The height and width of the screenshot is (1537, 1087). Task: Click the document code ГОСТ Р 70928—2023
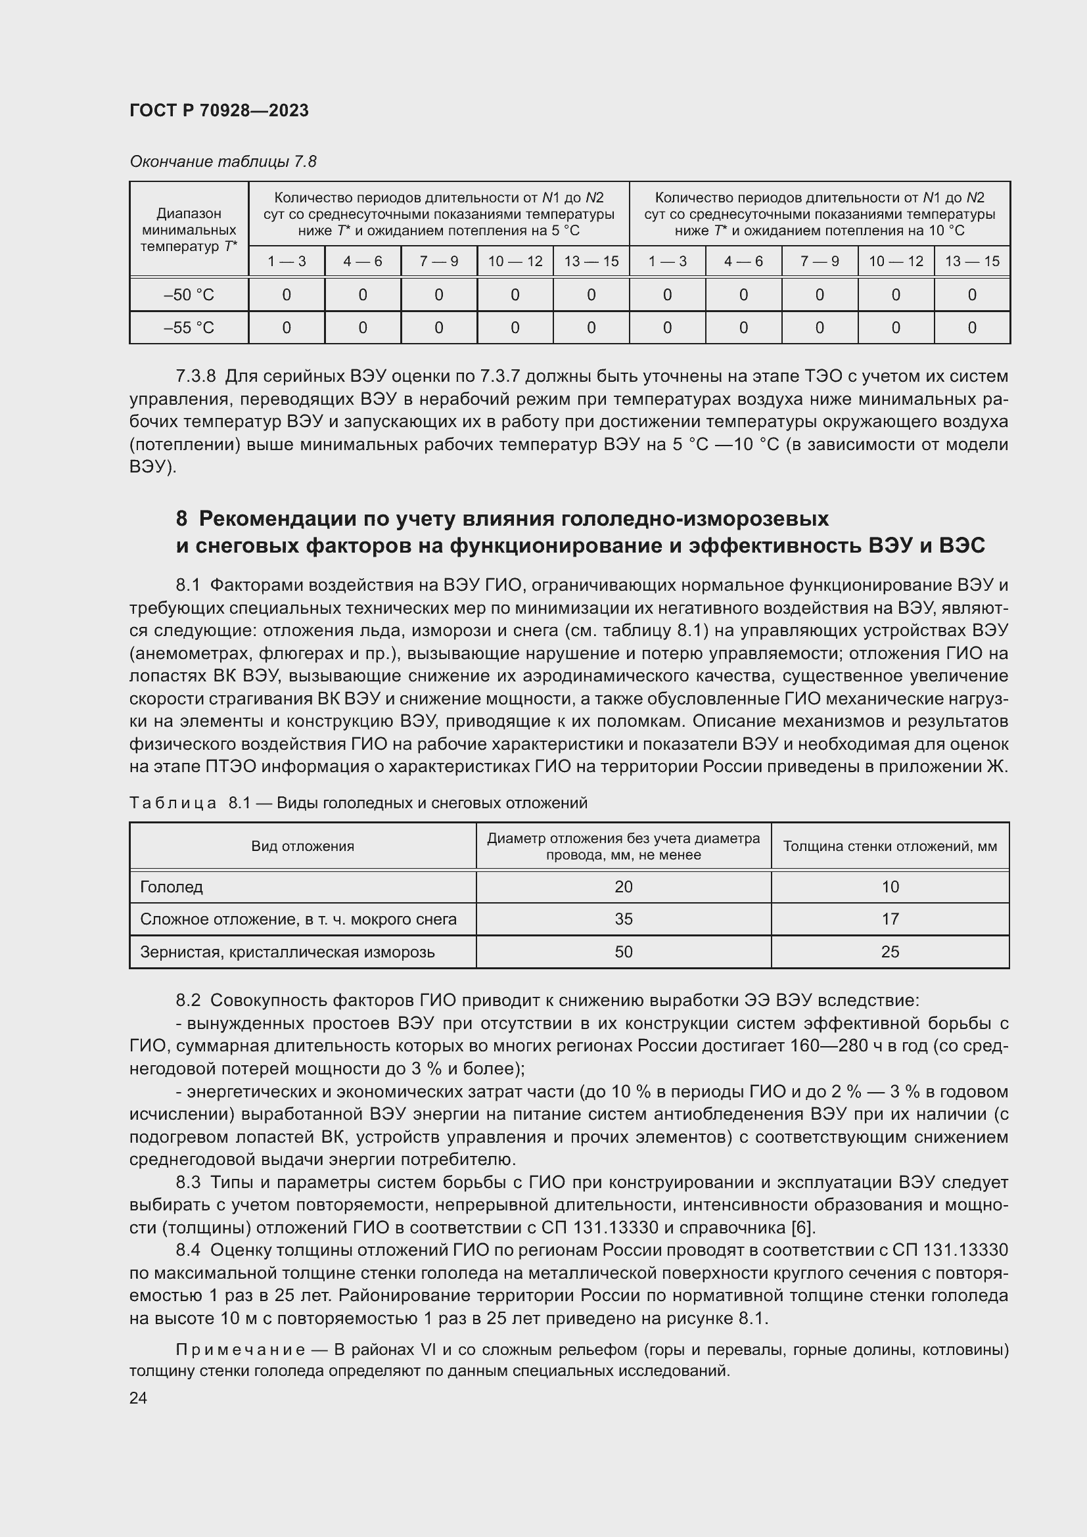[x=219, y=110]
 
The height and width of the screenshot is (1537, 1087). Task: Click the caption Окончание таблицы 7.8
[x=223, y=162]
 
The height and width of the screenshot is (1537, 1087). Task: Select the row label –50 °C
[x=189, y=295]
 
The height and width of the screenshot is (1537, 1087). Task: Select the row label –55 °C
[x=189, y=328]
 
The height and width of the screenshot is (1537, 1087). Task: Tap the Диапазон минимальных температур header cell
[x=189, y=229]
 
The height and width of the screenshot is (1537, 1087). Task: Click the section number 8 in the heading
[x=181, y=519]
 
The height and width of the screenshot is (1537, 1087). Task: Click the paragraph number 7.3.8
[x=196, y=377]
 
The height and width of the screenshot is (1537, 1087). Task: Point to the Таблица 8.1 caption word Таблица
[x=173, y=802]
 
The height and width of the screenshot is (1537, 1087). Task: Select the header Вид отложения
[x=302, y=846]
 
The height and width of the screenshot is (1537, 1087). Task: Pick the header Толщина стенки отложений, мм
[x=890, y=846]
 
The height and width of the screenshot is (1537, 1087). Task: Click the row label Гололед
[x=172, y=887]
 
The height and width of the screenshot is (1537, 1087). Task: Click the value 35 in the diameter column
[x=623, y=919]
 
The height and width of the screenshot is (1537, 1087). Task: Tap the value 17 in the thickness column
[x=890, y=919]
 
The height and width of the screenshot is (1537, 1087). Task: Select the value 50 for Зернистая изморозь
[x=623, y=952]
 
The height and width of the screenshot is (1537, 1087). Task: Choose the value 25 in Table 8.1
[x=890, y=952]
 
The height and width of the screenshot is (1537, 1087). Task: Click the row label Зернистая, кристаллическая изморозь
[x=287, y=952]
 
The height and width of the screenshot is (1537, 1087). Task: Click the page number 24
[x=138, y=1398]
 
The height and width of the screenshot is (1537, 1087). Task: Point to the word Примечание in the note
[x=241, y=1350]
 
